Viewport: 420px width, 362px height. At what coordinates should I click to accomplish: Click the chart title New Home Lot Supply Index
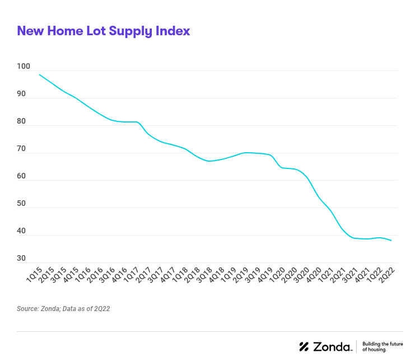tap(104, 31)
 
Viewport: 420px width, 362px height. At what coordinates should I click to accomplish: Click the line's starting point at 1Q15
tap(39, 74)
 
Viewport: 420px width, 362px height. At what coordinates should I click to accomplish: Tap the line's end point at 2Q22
tap(391, 241)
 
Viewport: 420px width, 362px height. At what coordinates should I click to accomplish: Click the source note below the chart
tap(63, 309)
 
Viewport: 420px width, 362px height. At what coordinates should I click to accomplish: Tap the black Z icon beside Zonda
tap(304, 346)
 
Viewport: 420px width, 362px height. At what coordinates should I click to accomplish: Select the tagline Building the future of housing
tap(382, 346)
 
